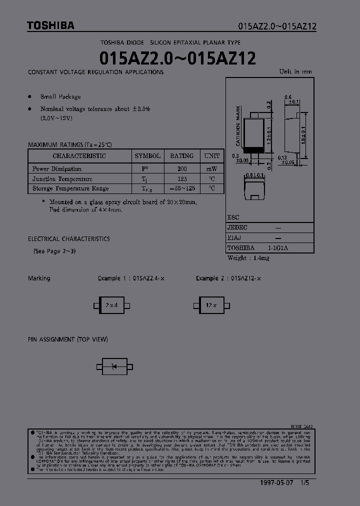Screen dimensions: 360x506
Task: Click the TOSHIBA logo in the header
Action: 50,25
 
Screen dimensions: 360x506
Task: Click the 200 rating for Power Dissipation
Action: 181,169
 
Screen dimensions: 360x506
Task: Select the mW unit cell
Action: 211,169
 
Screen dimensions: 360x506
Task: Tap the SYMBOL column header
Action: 147,156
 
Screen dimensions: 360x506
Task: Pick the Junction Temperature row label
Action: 62,179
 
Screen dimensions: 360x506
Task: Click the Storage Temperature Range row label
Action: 70,188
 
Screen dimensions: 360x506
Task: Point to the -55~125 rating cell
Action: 181,188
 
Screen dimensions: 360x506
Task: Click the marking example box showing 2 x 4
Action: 112,305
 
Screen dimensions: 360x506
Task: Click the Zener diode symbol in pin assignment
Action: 114,367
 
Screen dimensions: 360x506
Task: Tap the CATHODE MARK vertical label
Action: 238,125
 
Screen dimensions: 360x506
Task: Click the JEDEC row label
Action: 237,227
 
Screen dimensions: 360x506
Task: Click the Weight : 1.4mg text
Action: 248,258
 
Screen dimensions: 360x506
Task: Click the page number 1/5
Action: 312,483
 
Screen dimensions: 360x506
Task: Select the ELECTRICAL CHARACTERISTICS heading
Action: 68,239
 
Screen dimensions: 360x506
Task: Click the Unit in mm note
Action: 295,71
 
